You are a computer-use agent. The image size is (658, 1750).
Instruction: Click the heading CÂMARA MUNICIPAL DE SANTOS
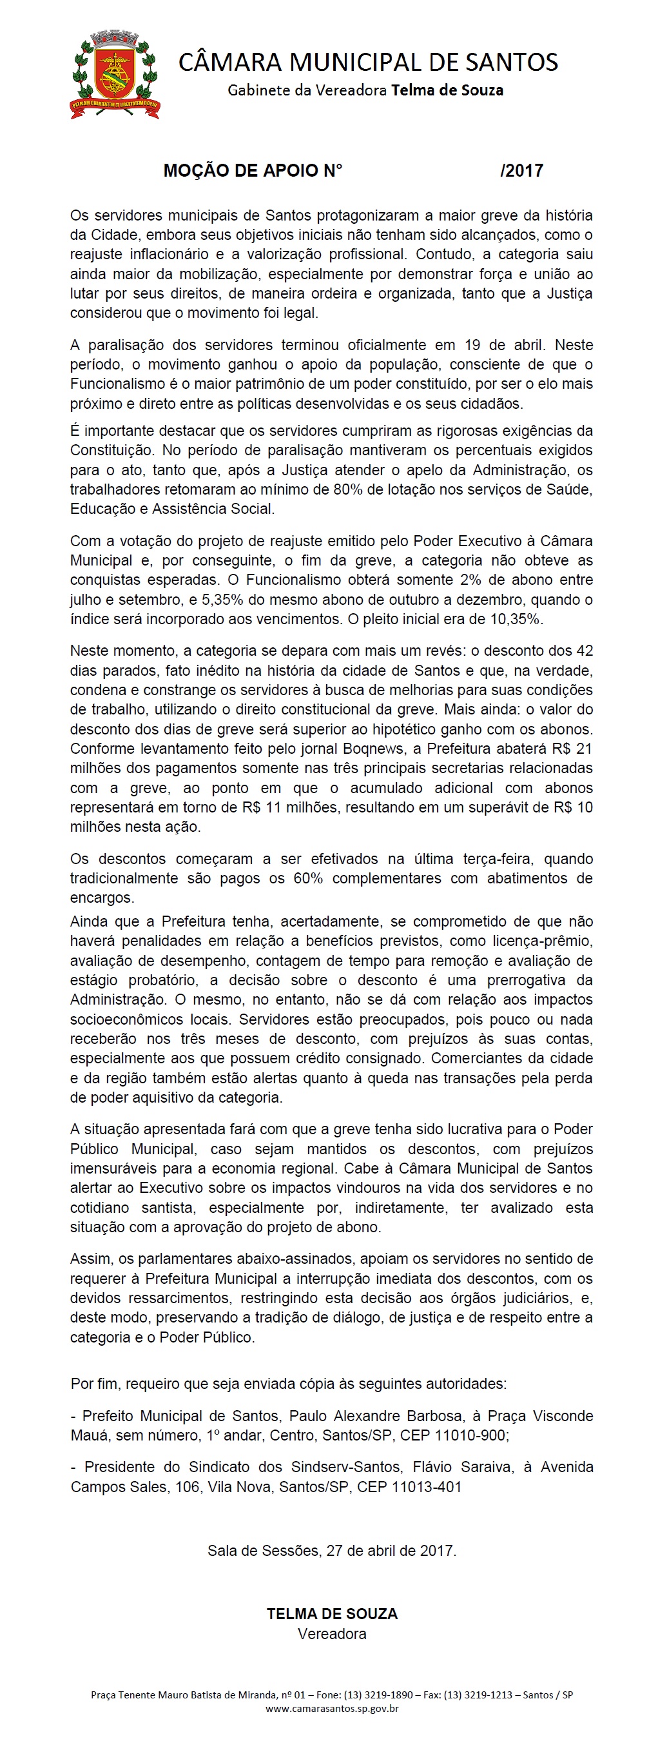click(368, 63)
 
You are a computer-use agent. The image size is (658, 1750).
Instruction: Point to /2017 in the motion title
click(521, 170)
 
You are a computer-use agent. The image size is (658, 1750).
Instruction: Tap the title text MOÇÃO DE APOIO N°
click(253, 170)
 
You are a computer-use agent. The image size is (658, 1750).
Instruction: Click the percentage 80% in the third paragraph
click(347, 489)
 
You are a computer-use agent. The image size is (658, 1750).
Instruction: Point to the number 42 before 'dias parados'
click(584, 651)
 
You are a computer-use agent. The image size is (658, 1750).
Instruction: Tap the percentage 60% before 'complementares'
click(307, 878)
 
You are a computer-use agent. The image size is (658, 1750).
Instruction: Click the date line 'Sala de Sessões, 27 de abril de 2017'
click(332, 1550)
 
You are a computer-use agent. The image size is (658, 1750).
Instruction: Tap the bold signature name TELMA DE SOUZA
click(332, 1614)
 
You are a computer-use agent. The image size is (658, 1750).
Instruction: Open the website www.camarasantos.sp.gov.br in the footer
click(332, 1708)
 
